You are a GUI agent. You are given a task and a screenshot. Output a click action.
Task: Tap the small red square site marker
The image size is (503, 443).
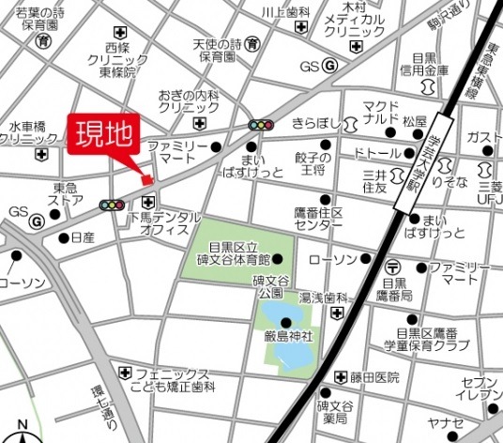point(146,180)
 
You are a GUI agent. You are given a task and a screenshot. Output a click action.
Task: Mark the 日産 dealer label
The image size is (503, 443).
point(84,238)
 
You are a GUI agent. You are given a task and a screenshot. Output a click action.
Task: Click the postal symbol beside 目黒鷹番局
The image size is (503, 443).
point(392,267)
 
